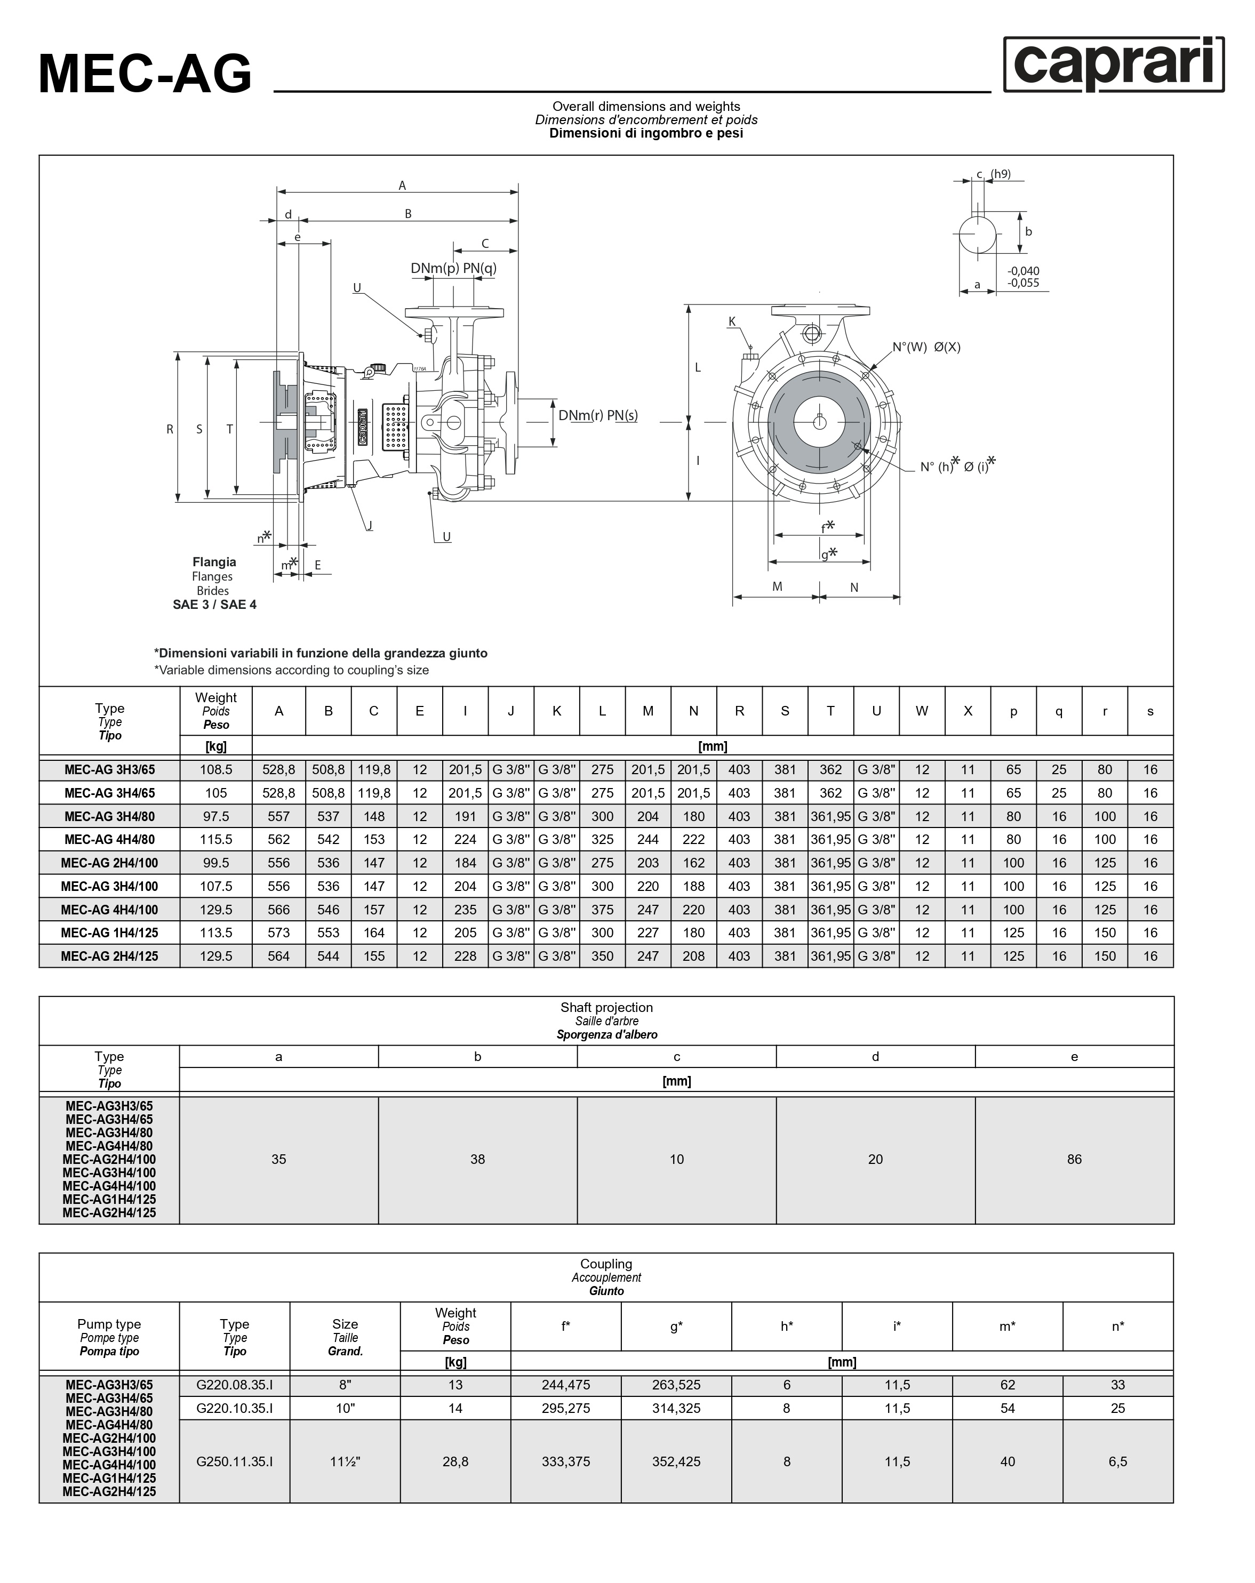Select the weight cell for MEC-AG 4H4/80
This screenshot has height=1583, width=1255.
coord(216,839)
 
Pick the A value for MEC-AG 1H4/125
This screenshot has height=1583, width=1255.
coord(278,933)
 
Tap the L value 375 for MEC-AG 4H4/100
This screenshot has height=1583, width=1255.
coord(602,909)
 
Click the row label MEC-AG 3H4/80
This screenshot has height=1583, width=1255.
coord(109,816)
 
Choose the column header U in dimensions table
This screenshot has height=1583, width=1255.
coord(876,711)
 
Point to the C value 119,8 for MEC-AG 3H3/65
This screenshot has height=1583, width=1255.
coord(374,769)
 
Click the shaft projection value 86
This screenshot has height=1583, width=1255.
coord(1074,1159)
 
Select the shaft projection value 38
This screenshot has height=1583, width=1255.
coord(477,1159)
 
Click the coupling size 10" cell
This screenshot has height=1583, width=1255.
coord(345,1408)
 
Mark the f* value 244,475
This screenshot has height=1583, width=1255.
coord(565,1385)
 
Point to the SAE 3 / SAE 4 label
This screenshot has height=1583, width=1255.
coord(214,604)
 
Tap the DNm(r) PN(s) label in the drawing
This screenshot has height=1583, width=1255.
coord(598,415)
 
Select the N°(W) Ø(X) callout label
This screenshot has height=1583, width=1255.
coord(926,347)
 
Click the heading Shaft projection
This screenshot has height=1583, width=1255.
coord(606,1007)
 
